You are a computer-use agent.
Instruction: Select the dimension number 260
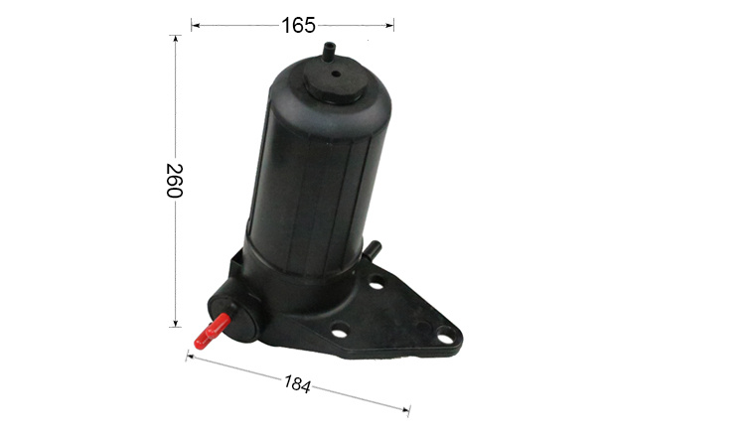tap(175, 180)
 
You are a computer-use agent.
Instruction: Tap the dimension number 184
tap(297, 383)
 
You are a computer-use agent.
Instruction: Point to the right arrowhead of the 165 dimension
tap(390, 25)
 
